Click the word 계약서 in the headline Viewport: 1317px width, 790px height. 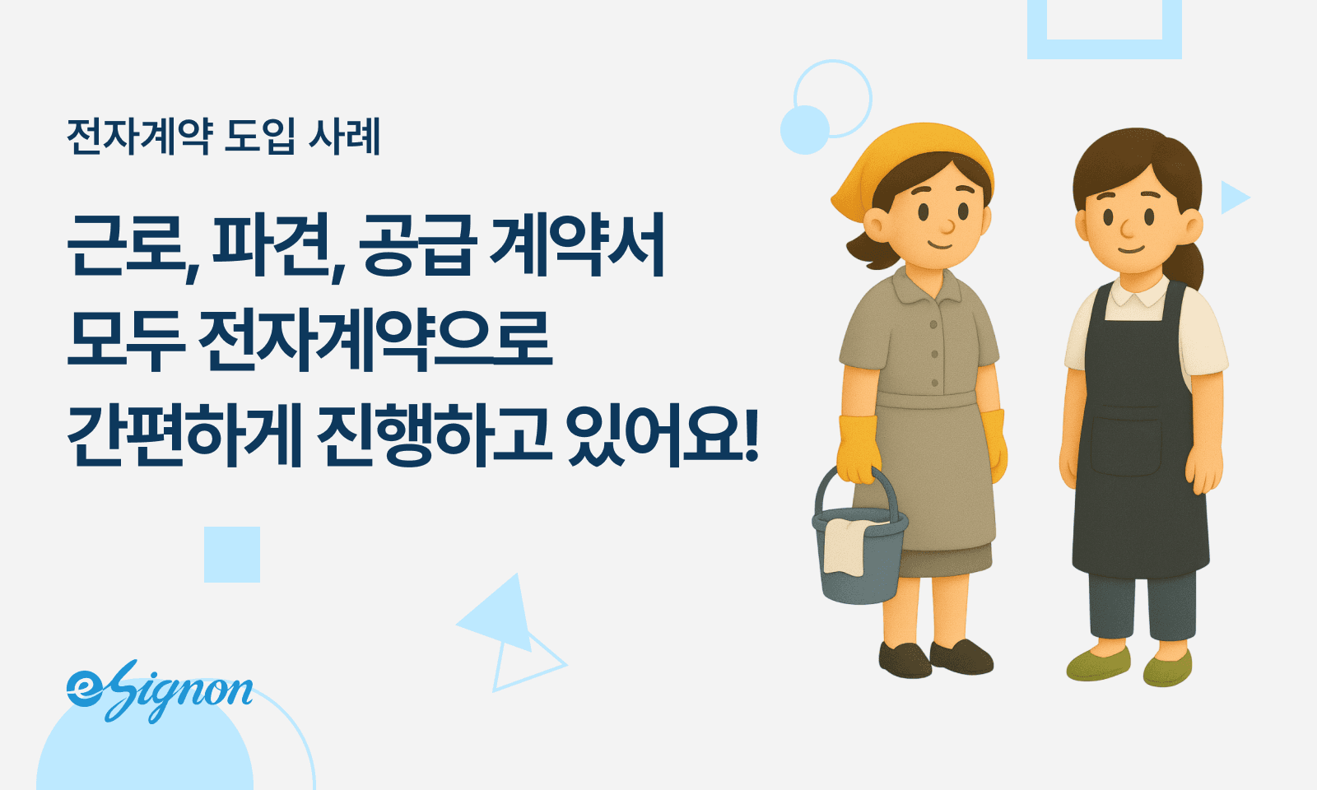(576, 245)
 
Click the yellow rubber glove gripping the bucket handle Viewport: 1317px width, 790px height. (858, 448)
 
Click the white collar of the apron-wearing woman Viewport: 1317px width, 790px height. (1136, 296)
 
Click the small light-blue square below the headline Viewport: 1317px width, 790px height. (232, 555)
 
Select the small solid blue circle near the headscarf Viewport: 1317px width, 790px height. (804, 130)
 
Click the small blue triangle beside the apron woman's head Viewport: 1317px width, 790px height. (1233, 197)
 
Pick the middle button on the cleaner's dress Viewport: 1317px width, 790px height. (934, 355)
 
